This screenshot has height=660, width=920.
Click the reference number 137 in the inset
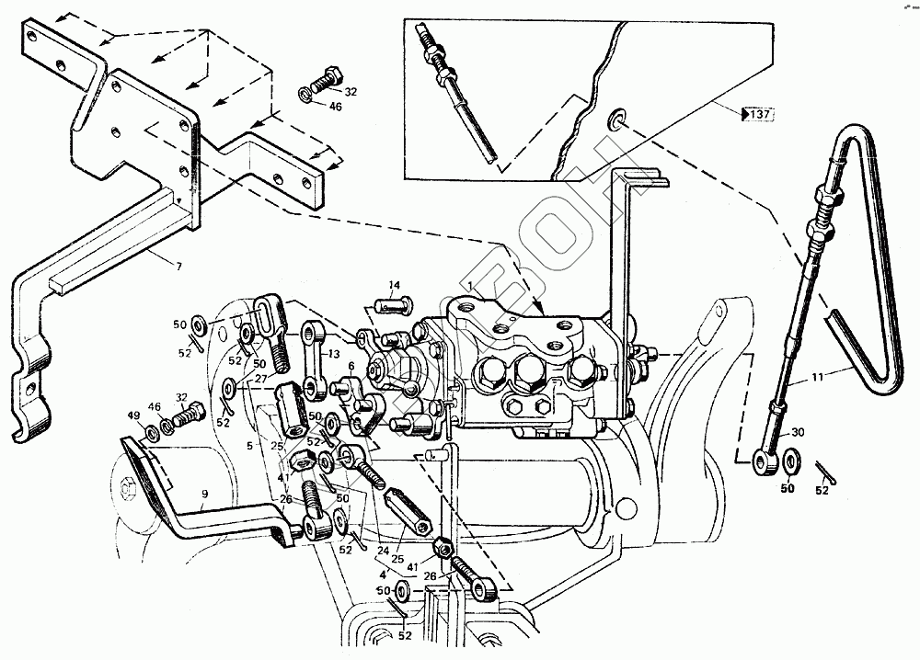(759, 115)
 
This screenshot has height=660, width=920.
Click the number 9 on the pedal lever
(204, 494)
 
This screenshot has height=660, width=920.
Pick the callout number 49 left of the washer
(135, 415)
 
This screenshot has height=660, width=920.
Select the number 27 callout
(260, 379)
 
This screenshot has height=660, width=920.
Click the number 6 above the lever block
(351, 365)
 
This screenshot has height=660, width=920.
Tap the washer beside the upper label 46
(306, 95)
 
